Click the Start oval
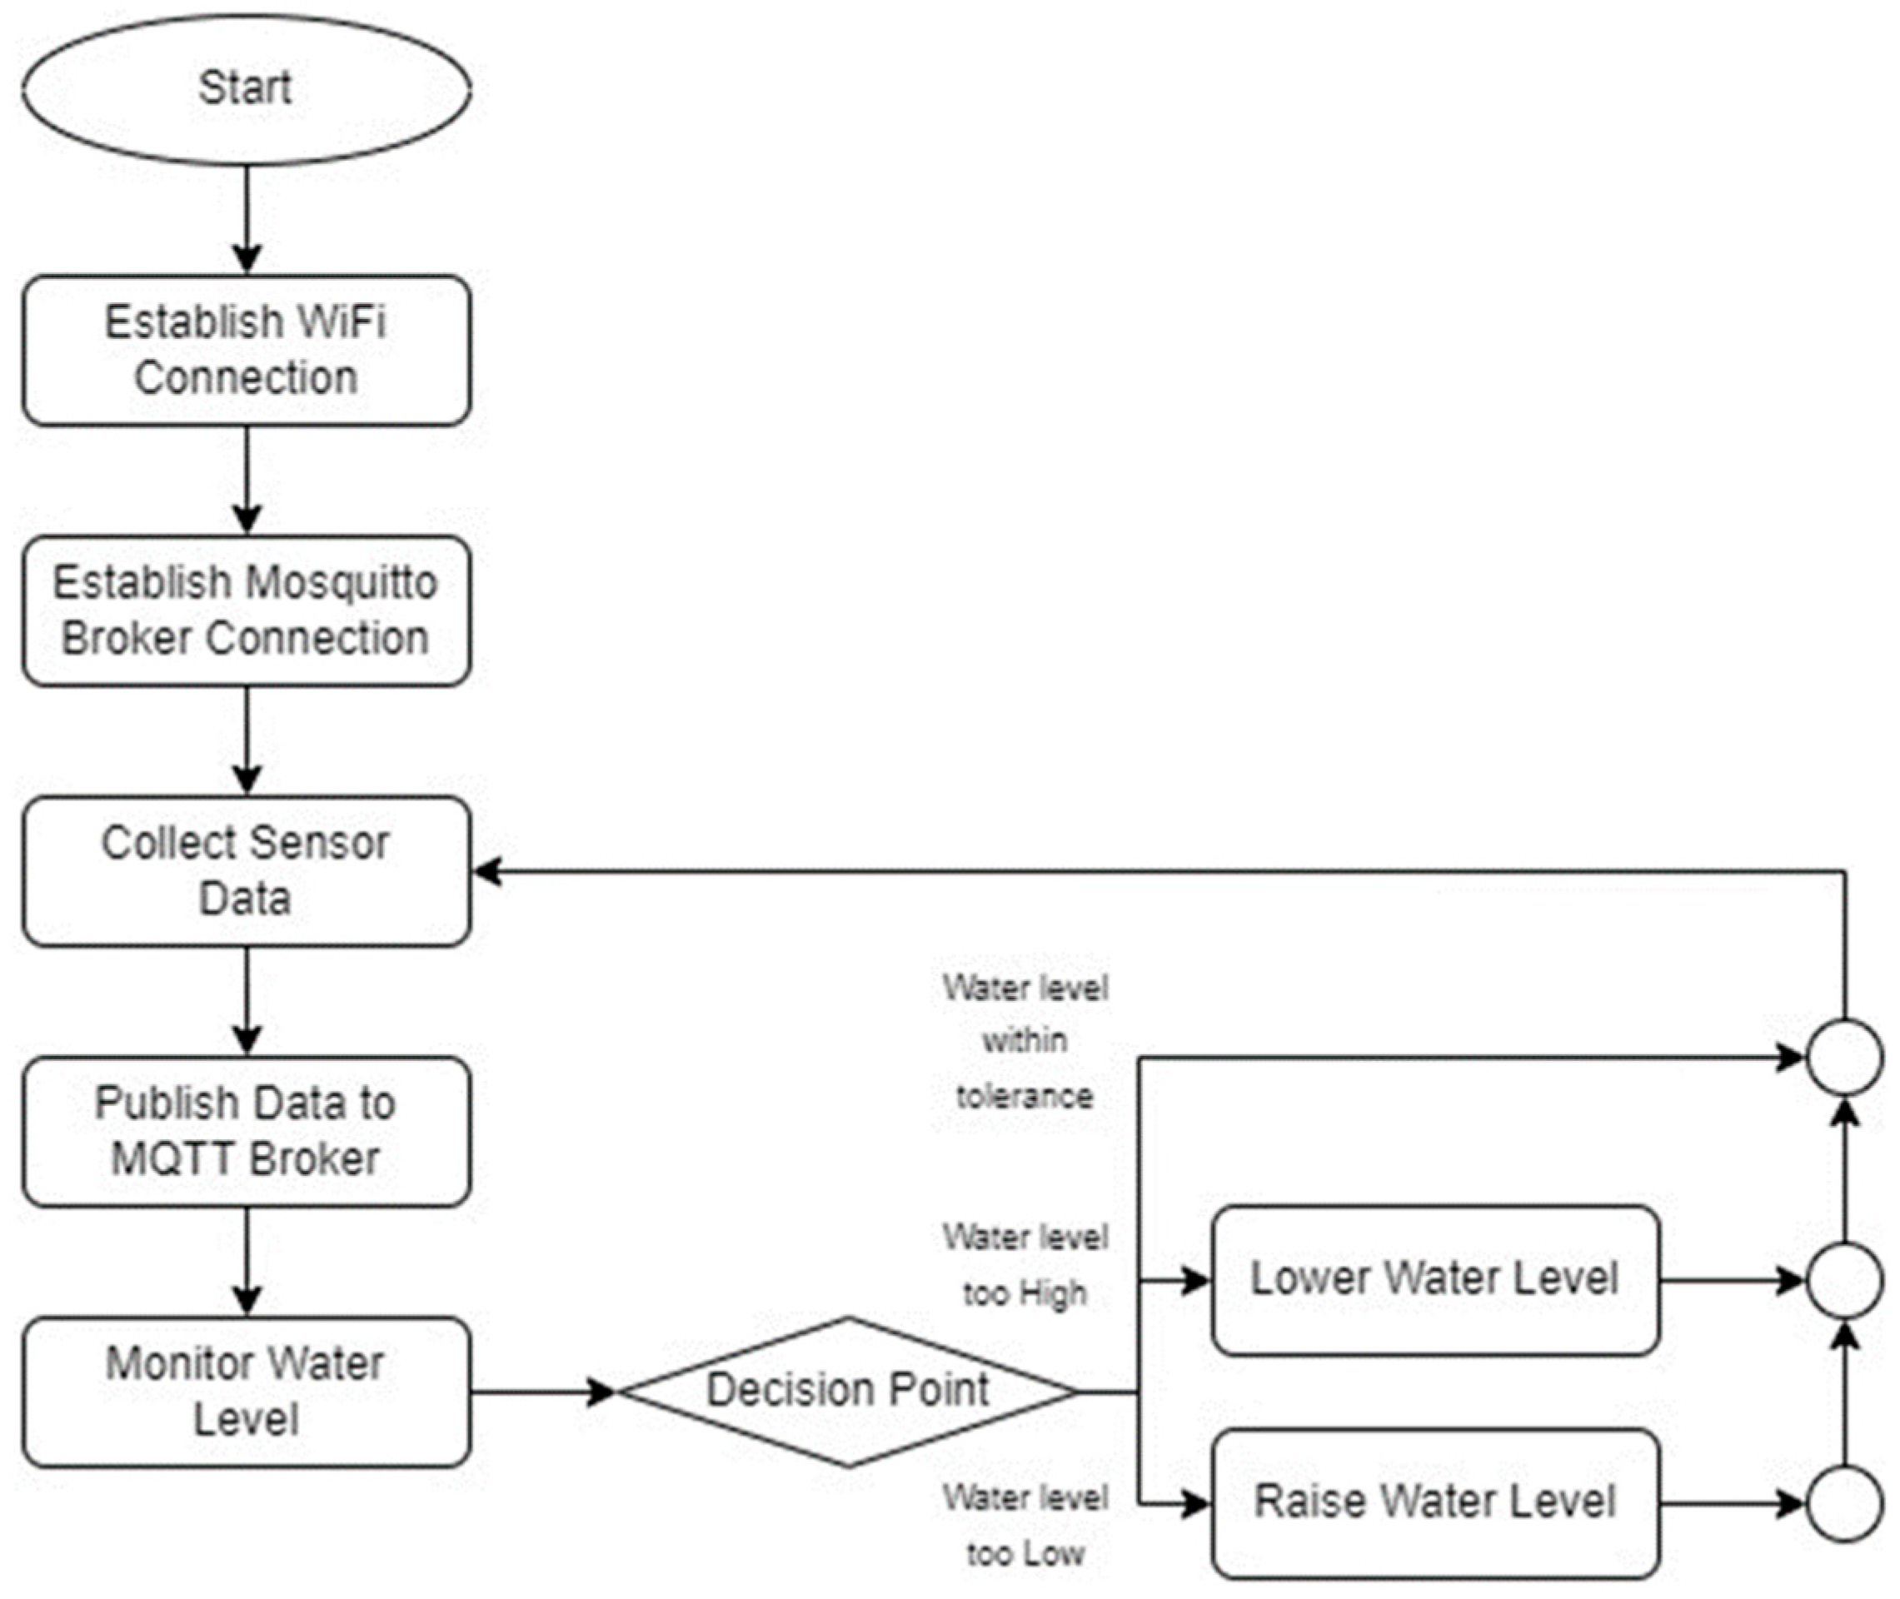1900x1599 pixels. tap(246, 89)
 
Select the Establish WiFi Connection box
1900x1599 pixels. tap(246, 350)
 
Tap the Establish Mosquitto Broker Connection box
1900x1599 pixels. tap(246, 611)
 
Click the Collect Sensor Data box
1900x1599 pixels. tap(246, 871)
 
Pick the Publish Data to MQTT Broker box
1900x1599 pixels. tap(246, 1131)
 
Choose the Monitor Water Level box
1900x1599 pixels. tap(246, 1392)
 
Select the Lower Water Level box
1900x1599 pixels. tap(1435, 1280)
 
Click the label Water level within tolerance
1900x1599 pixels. tap(1025, 1042)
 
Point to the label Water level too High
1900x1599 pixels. tap(1025, 1265)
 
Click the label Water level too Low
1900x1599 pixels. tap(1025, 1526)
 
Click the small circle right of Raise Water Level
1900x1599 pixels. tap(1845, 1504)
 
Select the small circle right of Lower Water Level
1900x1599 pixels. tap(1845, 1280)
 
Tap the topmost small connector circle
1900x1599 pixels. tap(1845, 1057)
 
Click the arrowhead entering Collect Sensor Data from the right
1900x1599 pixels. tap(487, 872)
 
